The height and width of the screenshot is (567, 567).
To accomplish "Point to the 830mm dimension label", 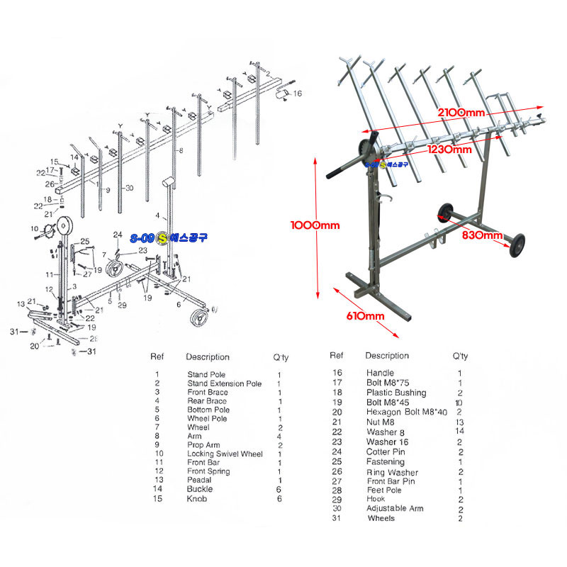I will [x=484, y=235].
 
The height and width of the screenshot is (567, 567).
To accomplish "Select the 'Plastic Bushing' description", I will [x=396, y=393].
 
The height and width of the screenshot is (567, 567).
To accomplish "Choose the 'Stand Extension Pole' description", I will [x=224, y=383].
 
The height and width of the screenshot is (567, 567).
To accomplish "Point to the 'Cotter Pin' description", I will [x=386, y=451].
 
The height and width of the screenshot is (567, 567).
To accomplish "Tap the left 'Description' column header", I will [x=208, y=357].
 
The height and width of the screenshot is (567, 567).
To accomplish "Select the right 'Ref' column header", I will [x=337, y=356].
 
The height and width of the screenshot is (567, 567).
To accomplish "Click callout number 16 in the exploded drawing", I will [x=298, y=93].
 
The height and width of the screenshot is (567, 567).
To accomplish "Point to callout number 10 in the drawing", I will [x=35, y=228].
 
